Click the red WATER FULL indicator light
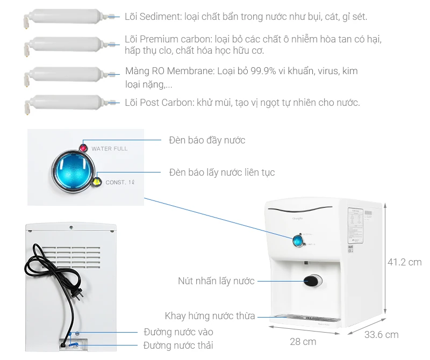click(84, 148)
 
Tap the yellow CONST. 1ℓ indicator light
click(97, 181)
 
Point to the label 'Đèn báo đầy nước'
click(207, 140)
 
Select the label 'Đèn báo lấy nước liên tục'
click(221, 172)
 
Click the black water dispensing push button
click(312, 280)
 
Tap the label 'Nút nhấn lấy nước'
click(216, 281)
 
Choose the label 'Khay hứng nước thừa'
click(210, 316)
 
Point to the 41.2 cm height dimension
click(404, 262)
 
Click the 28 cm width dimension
click(303, 342)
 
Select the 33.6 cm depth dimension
click(381, 335)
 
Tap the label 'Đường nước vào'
click(178, 332)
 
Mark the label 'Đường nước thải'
click(178, 345)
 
